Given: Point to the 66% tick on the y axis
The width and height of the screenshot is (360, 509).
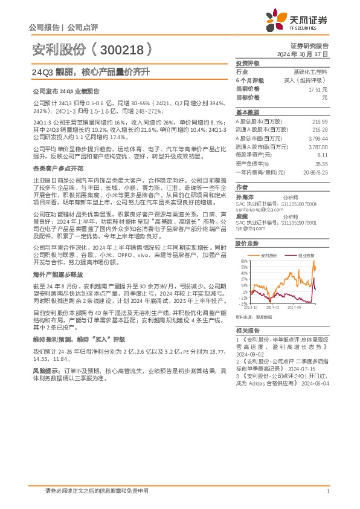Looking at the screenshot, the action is point(243,262).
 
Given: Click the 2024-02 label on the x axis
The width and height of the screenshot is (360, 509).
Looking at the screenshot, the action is point(274,306).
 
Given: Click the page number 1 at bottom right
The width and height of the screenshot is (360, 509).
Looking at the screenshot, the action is point(327,491).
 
